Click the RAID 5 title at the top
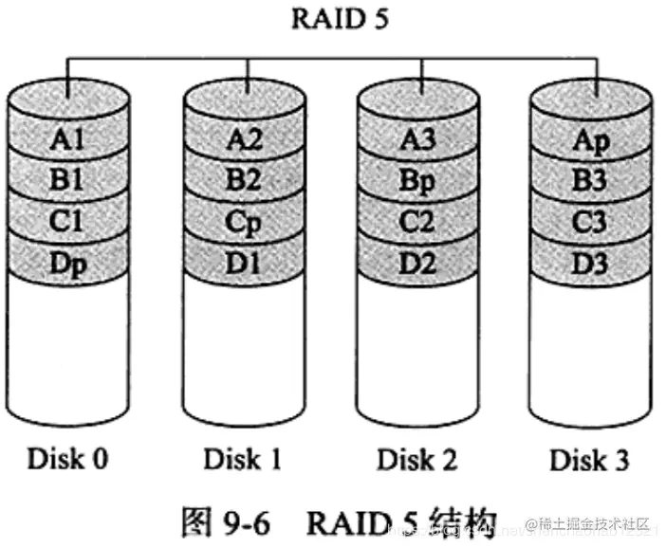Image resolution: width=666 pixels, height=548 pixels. [332, 18]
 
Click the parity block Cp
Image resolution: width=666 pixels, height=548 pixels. [243, 222]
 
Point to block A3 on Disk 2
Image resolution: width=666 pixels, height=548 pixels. [417, 140]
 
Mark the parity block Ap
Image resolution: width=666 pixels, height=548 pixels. [591, 140]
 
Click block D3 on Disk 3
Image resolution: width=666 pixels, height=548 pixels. [591, 263]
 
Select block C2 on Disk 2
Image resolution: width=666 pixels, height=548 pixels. [417, 222]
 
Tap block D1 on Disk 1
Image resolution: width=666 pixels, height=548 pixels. [243, 263]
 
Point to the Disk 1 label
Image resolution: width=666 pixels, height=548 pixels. [242, 460]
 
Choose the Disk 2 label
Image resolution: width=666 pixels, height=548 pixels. [416, 460]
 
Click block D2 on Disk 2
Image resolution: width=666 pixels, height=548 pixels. [417, 263]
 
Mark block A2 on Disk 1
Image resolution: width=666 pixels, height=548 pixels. [243, 140]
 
